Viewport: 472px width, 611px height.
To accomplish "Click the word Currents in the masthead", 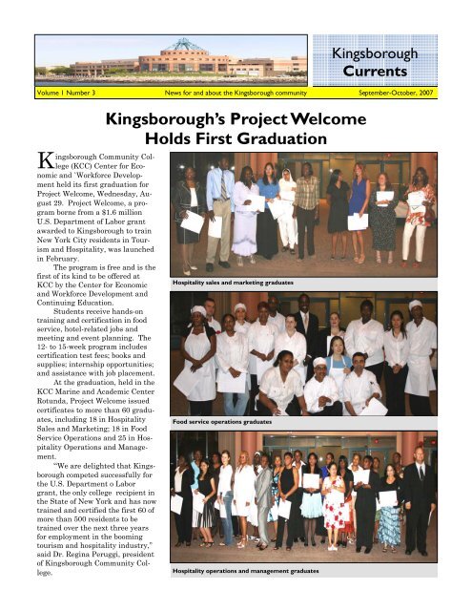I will click(404, 71).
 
